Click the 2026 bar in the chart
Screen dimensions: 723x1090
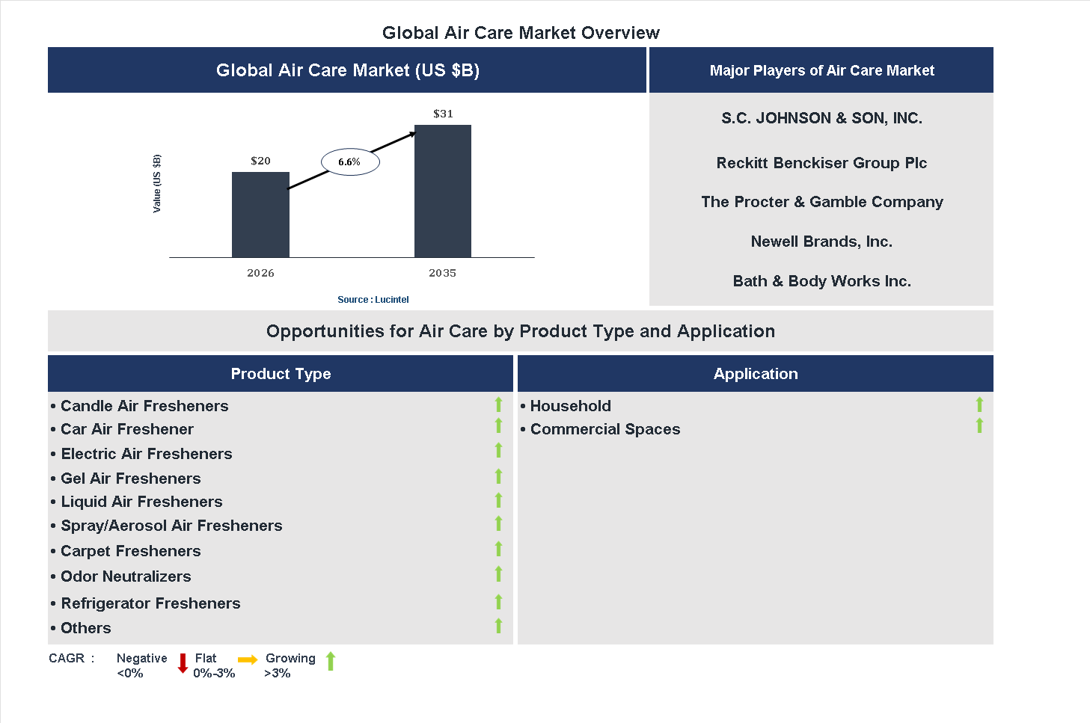pos(260,215)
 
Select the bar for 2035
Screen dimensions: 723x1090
pos(443,191)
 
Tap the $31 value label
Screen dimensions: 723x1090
pos(443,114)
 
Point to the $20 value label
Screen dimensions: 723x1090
pos(260,161)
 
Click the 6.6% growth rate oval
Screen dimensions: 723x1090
pos(350,161)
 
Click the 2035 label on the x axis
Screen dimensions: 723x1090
pos(442,273)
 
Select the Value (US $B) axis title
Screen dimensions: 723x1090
pos(157,183)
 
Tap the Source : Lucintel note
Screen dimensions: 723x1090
pos(373,300)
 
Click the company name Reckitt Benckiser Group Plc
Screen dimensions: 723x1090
pos(821,163)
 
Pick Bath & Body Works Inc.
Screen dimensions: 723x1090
pos(821,281)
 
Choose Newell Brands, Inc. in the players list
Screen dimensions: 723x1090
pos(821,241)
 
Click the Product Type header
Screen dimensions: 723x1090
pos(281,374)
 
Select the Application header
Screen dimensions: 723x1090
pos(756,374)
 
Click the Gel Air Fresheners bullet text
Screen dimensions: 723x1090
pos(131,479)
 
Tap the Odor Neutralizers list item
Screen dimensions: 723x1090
pos(126,576)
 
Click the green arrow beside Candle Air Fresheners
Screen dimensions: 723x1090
pos(498,404)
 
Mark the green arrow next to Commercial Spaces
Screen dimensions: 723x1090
pos(979,425)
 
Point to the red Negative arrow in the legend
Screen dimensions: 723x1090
pos(183,663)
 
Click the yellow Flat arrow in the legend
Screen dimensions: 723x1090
pos(248,659)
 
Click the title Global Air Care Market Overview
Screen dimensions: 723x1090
pos(521,33)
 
